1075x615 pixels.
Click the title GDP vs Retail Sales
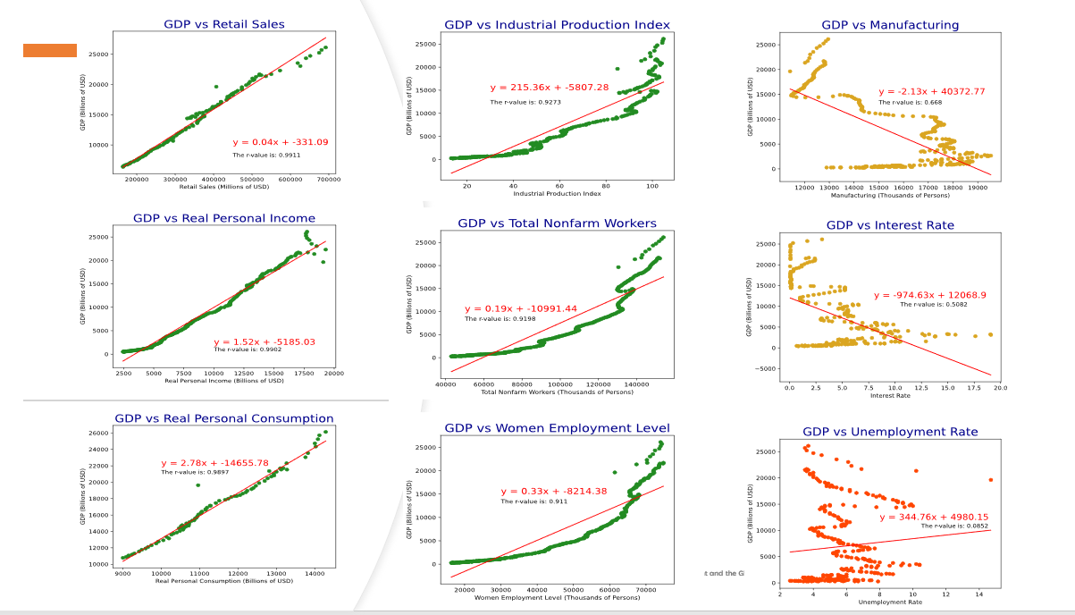224,24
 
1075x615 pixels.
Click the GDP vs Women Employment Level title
557,428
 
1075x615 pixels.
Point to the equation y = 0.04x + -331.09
281,142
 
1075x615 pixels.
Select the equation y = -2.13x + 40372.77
932,91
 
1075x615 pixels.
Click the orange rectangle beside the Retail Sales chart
50,51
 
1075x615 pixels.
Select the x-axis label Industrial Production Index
557,194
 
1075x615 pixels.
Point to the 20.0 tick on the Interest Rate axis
1000,387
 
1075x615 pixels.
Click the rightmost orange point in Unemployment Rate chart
990,480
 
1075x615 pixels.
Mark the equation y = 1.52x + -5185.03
264,341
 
